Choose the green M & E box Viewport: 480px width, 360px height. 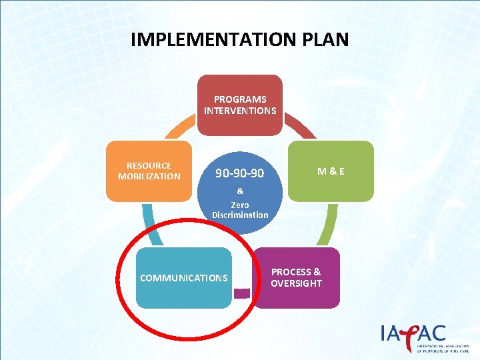pyautogui.click(x=331, y=171)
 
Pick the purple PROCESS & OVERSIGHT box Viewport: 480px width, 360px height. pyautogui.click(x=296, y=277)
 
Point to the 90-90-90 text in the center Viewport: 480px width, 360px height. pyautogui.click(x=239, y=173)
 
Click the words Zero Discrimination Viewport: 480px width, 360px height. pyautogui.click(x=240, y=210)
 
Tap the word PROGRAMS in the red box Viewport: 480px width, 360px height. pyautogui.click(x=240, y=99)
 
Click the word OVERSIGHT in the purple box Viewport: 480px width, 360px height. pyautogui.click(x=296, y=283)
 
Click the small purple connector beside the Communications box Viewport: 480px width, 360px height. pyautogui.click(x=243, y=292)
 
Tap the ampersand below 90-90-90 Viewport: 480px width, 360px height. pyautogui.click(x=240, y=191)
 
